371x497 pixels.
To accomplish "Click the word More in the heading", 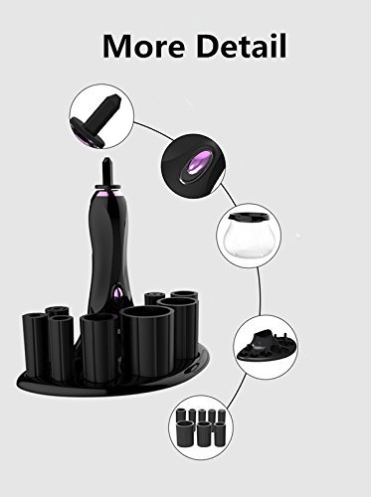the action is [x=143, y=46].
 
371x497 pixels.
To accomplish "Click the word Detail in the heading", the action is [x=241, y=46].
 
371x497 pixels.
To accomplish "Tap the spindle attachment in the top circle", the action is [x=96, y=118].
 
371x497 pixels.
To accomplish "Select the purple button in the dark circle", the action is [x=198, y=164].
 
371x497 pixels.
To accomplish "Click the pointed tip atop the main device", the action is [x=106, y=162].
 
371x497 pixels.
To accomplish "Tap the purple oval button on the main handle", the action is [x=117, y=293].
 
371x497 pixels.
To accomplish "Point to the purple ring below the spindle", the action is [x=106, y=192].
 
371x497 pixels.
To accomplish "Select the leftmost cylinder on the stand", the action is [x=34, y=346].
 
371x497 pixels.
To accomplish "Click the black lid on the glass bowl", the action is [x=249, y=217].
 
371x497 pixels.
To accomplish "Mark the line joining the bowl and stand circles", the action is [x=259, y=290].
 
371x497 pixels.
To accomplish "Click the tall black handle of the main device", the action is [x=107, y=251].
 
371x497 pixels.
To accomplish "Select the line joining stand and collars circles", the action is [x=237, y=392].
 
